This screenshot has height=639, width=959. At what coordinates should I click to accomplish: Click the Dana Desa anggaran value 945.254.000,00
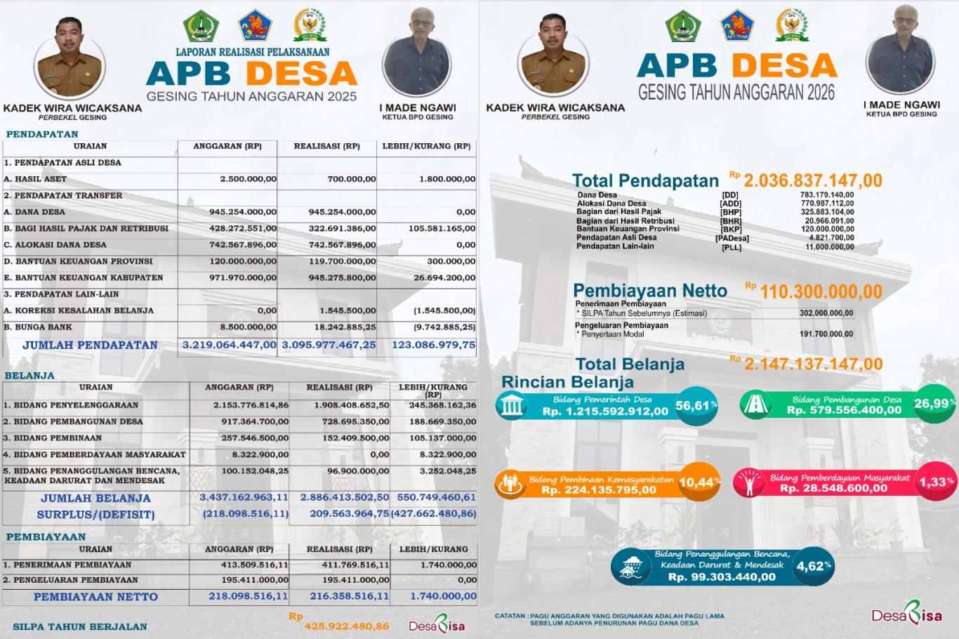click(x=243, y=212)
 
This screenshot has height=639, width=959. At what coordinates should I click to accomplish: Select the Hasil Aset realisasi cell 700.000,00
click(x=351, y=179)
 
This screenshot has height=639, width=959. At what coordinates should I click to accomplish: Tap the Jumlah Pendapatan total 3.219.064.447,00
click(x=230, y=345)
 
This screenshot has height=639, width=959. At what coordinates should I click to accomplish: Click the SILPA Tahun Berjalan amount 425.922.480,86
click(x=346, y=626)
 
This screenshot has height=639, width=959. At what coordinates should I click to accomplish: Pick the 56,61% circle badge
click(x=696, y=405)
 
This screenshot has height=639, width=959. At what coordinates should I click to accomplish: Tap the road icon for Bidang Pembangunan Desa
click(x=759, y=405)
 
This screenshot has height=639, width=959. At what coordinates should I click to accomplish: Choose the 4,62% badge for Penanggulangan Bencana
click(x=814, y=566)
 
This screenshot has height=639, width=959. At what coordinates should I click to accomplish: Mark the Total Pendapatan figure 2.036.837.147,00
click(x=813, y=180)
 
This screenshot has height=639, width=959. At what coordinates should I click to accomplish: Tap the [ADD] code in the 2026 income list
click(x=731, y=204)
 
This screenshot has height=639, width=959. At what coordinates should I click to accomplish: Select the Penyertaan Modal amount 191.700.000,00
click(x=826, y=334)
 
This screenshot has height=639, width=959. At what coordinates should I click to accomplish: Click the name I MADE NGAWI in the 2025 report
click(x=418, y=107)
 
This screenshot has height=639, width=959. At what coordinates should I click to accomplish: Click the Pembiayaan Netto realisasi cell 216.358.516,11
click(x=349, y=596)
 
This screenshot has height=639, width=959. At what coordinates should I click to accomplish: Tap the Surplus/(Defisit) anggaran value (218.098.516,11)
click(x=246, y=514)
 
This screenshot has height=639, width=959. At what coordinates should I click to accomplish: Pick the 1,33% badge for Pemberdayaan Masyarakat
click(x=937, y=482)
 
